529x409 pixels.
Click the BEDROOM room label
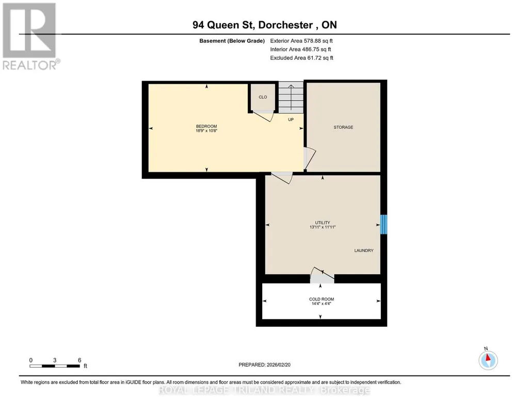[x=206, y=126]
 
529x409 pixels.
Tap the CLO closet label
[x=263, y=97]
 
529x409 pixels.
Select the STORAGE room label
[x=343, y=127]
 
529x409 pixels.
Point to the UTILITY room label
[x=323, y=223]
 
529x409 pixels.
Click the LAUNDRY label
[x=364, y=250]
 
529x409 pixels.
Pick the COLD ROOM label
[x=322, y=299]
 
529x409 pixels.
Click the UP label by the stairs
[x=291, y=119]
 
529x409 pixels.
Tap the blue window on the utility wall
[x=383, y=225]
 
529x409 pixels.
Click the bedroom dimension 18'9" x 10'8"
[x=206, y=131]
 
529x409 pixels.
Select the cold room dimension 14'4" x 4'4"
[x=322, y=303]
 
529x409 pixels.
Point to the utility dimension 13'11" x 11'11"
[x=323, y=227]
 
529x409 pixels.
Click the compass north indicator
[x=488, y=360]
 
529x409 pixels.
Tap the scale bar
[x=55, y=366]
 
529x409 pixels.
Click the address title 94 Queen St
[x=225, y=25]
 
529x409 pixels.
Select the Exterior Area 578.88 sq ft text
[x=301, y=41]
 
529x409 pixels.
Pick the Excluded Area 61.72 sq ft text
[x=301, y=58]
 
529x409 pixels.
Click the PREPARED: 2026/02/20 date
[x=264, y=365]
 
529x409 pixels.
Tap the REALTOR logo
[x=30, y=36]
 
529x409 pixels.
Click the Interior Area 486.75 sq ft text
[x=300, y=49]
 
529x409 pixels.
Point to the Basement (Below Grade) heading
[x=232, y=41]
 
